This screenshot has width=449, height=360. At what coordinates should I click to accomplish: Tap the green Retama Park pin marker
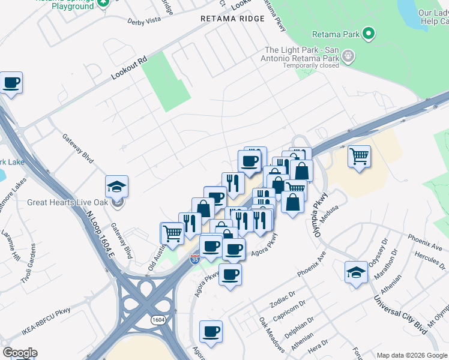369,34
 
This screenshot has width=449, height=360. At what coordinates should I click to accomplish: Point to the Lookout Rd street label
128,70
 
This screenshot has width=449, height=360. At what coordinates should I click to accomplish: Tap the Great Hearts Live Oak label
69,202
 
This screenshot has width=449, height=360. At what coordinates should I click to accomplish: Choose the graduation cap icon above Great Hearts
117,185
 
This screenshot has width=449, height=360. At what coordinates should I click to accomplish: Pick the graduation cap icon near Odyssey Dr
356,271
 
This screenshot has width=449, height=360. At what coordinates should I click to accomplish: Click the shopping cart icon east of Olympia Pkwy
359,156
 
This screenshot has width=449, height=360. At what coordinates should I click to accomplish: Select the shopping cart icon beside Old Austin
172,233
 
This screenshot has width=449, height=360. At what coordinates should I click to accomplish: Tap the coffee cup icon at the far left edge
11,82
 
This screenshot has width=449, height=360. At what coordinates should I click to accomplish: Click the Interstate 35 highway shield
194,259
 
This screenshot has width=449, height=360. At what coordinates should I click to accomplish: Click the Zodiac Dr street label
284,297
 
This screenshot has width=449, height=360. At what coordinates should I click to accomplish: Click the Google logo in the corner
20,353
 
